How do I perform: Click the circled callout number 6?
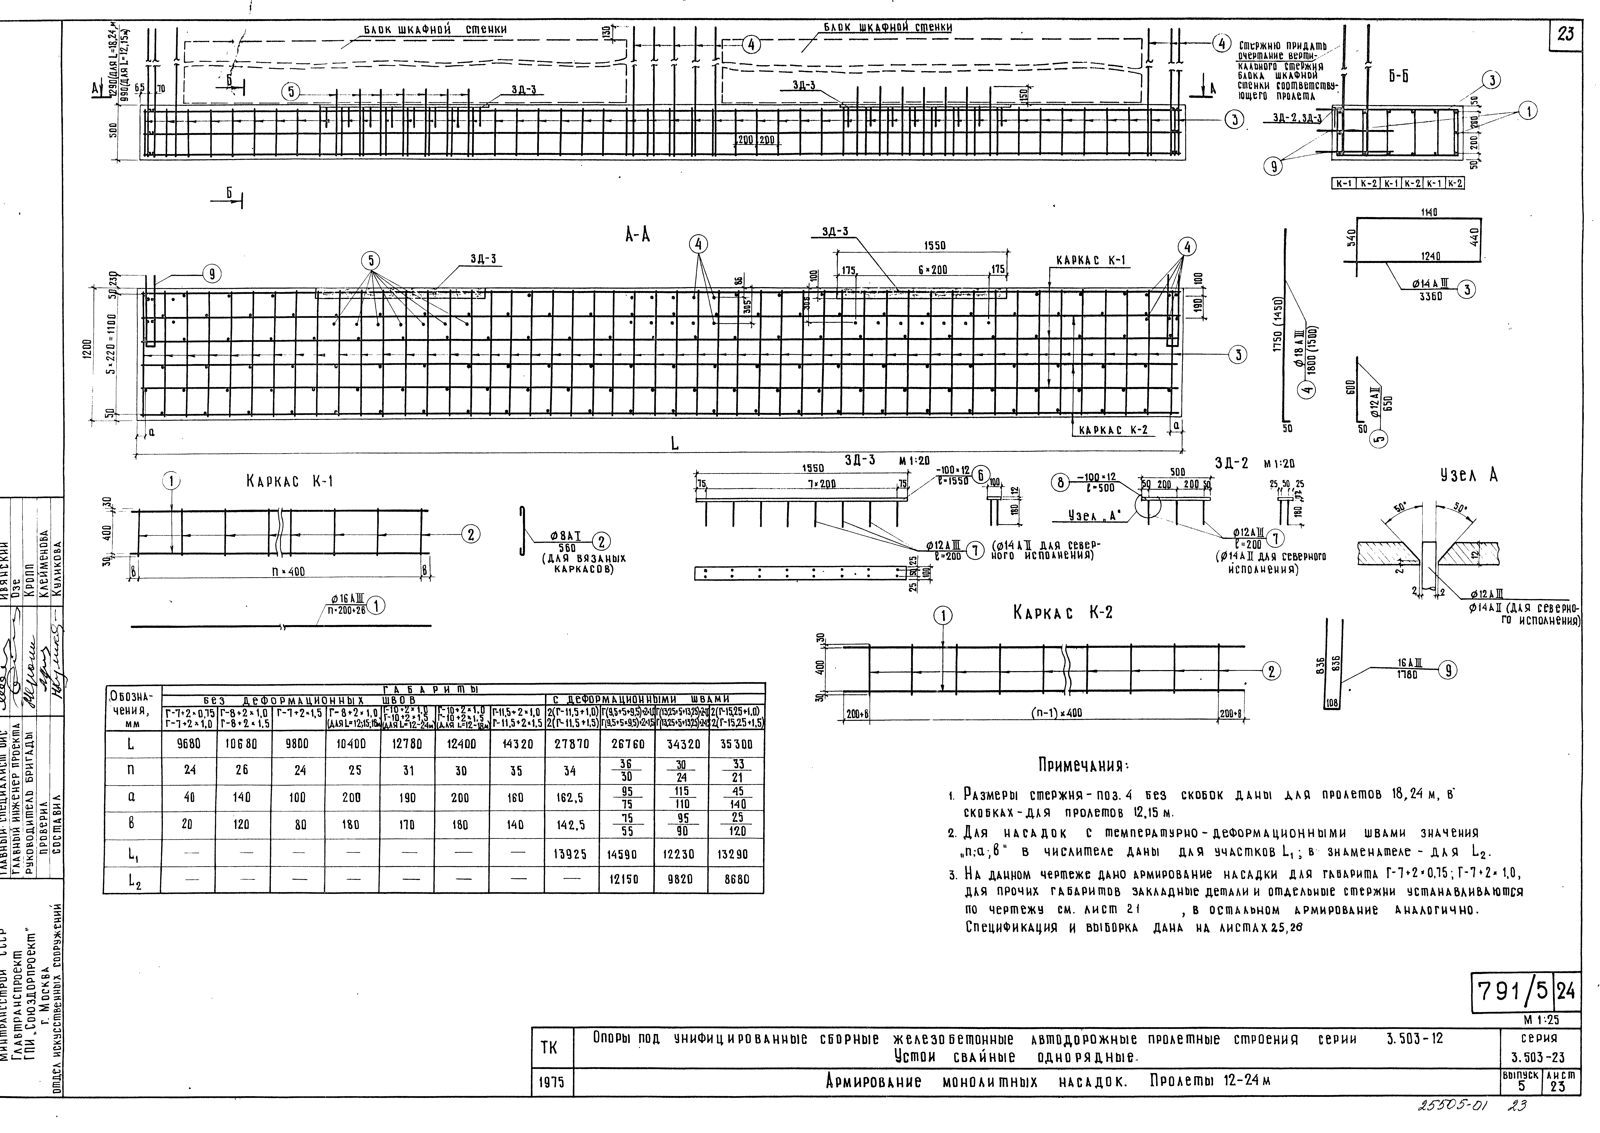pyautogui.click(x=980, y=476)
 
